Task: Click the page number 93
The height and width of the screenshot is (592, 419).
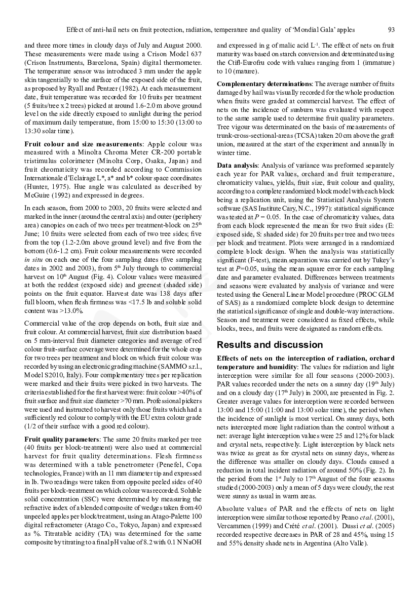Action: click(391, 29)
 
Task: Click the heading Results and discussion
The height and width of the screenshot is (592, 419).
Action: click(270, 345)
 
